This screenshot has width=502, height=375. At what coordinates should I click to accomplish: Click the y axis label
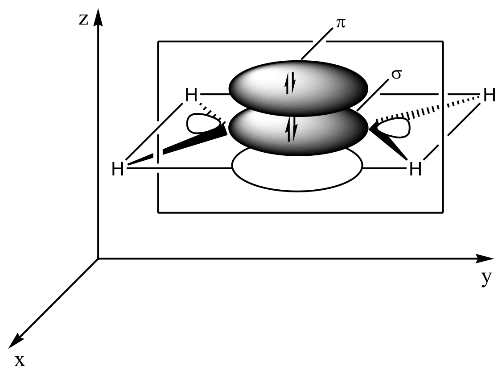pyautogui.click(x=487, y=279)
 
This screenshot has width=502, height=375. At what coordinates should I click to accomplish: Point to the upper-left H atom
pyautogui.click(x=191, y=95)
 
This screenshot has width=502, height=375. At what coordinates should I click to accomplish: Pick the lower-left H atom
pyautogui.click(x=118, y=170)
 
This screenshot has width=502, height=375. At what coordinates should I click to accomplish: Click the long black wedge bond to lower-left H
pyautogui.click(x=178, y=147)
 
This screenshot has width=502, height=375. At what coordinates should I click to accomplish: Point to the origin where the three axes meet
pyautogui.click(x=98, y=258)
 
